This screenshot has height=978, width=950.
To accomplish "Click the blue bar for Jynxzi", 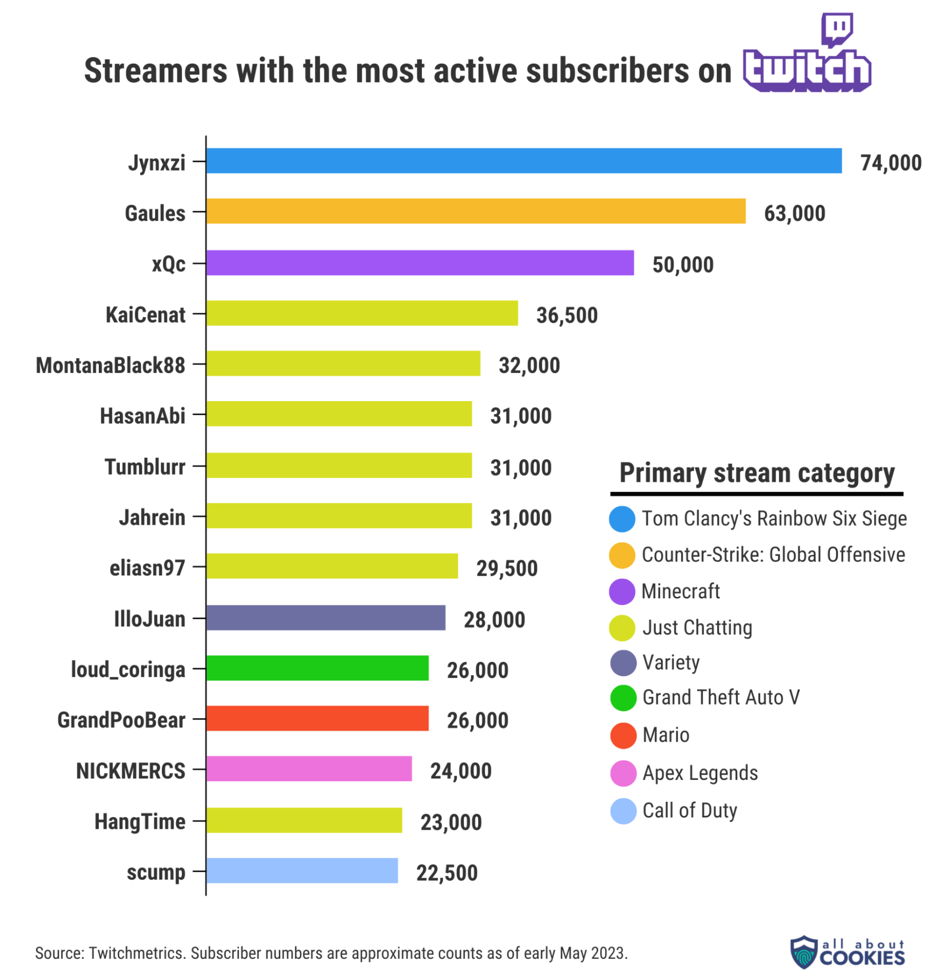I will click(524, 161).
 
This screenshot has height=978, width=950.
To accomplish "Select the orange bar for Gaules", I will click(476, 211).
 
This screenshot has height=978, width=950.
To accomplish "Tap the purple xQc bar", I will click(420, 263).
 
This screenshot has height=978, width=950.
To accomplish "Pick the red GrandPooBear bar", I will click(317, 718).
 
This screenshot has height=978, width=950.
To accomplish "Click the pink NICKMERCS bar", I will click(309, 769).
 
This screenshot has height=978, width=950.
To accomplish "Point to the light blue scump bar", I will click(302, 871).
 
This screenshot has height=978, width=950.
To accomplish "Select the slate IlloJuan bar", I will click(326, 617).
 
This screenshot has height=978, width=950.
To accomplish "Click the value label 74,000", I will click(891, 163).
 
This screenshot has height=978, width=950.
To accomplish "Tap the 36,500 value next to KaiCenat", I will click(567, 316).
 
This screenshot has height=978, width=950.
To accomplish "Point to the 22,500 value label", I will click(447, 873).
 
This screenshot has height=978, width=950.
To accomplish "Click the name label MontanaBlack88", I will click(110, 365).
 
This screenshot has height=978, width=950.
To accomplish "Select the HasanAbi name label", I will click(142, 416).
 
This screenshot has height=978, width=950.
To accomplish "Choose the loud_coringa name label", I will click(128, 669).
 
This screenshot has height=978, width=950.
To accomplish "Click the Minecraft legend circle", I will click(622, 591).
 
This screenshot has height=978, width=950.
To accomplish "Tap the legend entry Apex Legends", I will click(700, 773).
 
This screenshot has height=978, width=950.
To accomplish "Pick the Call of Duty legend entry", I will click(689, 810).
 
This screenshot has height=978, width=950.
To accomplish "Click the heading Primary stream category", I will click(756, 473).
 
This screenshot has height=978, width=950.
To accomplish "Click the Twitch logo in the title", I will click(807, 55).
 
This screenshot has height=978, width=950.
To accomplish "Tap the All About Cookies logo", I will click(847, 952).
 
